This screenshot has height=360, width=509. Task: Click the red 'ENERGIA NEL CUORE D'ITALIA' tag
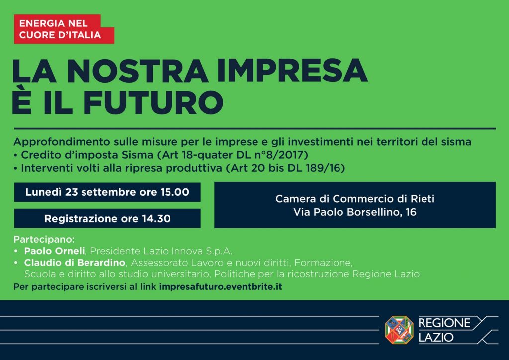click(64, 29)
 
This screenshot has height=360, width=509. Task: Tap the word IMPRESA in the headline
click(292, 71)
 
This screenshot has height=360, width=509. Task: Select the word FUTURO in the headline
click(153, 102)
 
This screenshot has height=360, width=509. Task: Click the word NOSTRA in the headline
click(138, 71)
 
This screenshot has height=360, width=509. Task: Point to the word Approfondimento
click(62, 142)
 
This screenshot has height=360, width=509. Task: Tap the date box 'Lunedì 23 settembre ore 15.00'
click(107, 192)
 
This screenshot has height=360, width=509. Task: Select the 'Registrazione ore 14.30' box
click(107, 218)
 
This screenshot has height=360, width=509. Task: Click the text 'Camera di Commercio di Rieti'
click(355, 199)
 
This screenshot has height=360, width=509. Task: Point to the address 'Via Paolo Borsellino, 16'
click(355, 212)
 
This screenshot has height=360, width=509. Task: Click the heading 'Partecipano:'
click(44, 239)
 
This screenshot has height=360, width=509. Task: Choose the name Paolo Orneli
click(55, 251)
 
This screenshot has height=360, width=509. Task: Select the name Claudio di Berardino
click(75, 262)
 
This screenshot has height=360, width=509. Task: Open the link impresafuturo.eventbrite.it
click(220, 287)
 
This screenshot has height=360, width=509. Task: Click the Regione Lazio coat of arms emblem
click(399, 330)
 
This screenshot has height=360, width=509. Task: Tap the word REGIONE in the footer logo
click(444, 323)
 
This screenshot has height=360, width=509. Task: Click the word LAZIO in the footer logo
click(436, 337)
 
